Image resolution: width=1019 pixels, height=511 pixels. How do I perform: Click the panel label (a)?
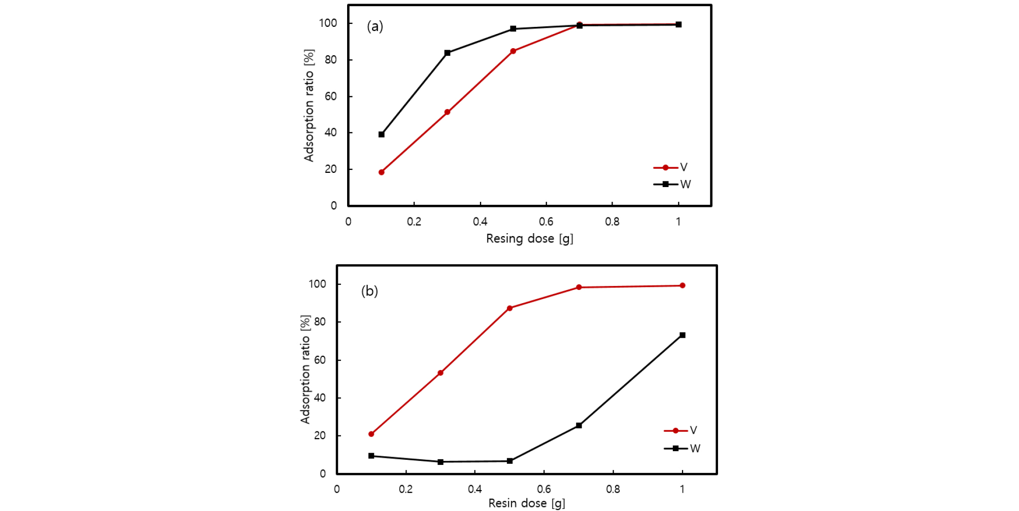(375, 26)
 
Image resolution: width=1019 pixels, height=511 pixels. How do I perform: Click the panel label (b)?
(369, 291)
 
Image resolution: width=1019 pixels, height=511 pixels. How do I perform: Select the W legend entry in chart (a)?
(672, 185)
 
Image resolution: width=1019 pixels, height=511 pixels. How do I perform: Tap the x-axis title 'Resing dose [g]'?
(529, 239)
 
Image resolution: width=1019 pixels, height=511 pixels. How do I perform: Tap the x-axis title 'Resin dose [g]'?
(526, 503)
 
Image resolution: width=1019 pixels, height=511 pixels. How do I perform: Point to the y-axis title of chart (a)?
(309, 105)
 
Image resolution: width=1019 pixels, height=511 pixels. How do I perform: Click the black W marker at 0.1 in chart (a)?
(382, 134)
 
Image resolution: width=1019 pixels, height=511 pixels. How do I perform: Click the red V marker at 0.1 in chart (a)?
(382, 172)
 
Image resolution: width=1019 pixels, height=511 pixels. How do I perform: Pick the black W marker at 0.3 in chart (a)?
(448, 53)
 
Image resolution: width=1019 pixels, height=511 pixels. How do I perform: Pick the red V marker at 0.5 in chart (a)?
(513, 51)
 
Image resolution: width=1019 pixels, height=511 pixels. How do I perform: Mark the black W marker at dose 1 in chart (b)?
(683, 335)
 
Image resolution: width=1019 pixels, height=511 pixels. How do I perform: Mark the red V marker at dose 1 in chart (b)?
(683, 285)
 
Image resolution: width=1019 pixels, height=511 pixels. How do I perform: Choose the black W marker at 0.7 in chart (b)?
(579, 425)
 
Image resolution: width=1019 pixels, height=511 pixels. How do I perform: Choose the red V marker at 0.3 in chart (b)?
(440, 373)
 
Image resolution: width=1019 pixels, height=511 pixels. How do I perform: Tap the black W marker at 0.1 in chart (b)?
(371, 456)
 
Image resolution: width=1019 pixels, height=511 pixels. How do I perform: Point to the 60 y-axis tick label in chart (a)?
(330, 96)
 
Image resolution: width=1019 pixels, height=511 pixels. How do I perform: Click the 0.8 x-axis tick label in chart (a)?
(612, 222)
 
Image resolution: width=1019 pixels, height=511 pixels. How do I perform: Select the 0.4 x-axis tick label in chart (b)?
(474, 489)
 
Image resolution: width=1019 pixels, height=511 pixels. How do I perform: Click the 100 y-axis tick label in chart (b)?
(317, 284)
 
